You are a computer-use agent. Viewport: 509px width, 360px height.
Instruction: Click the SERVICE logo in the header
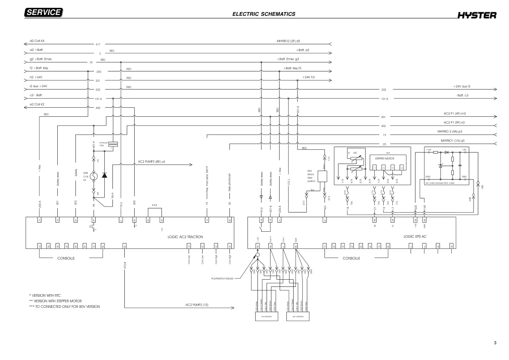pyautogui.click(x=44, y=13)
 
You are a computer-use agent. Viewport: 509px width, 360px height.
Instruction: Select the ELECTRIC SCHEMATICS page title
pyautogui.click(x=264, y=14)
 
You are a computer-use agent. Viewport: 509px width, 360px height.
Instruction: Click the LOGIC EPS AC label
pyautogui.click(x=415, y=236)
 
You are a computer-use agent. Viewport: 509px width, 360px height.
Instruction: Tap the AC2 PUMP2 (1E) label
pyautogui.click(x=200, y=305)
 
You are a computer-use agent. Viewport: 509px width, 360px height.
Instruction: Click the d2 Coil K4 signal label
pyautogui.click(x=37, y=41)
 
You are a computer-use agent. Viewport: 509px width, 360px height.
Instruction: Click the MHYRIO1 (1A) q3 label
pyautogui.click(x=453, y=140)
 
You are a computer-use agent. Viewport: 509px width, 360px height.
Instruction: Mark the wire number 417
pyautogui.click(x=98, y=44)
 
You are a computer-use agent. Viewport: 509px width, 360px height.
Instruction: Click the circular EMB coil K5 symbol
pyautogui.click(x=94, y=176)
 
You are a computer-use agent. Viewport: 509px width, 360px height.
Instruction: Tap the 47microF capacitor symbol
pyautogui.click(x=113, y=145)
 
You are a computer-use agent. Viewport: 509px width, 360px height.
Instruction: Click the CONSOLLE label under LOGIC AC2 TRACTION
pyautogui.click(x=66, y=258)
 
